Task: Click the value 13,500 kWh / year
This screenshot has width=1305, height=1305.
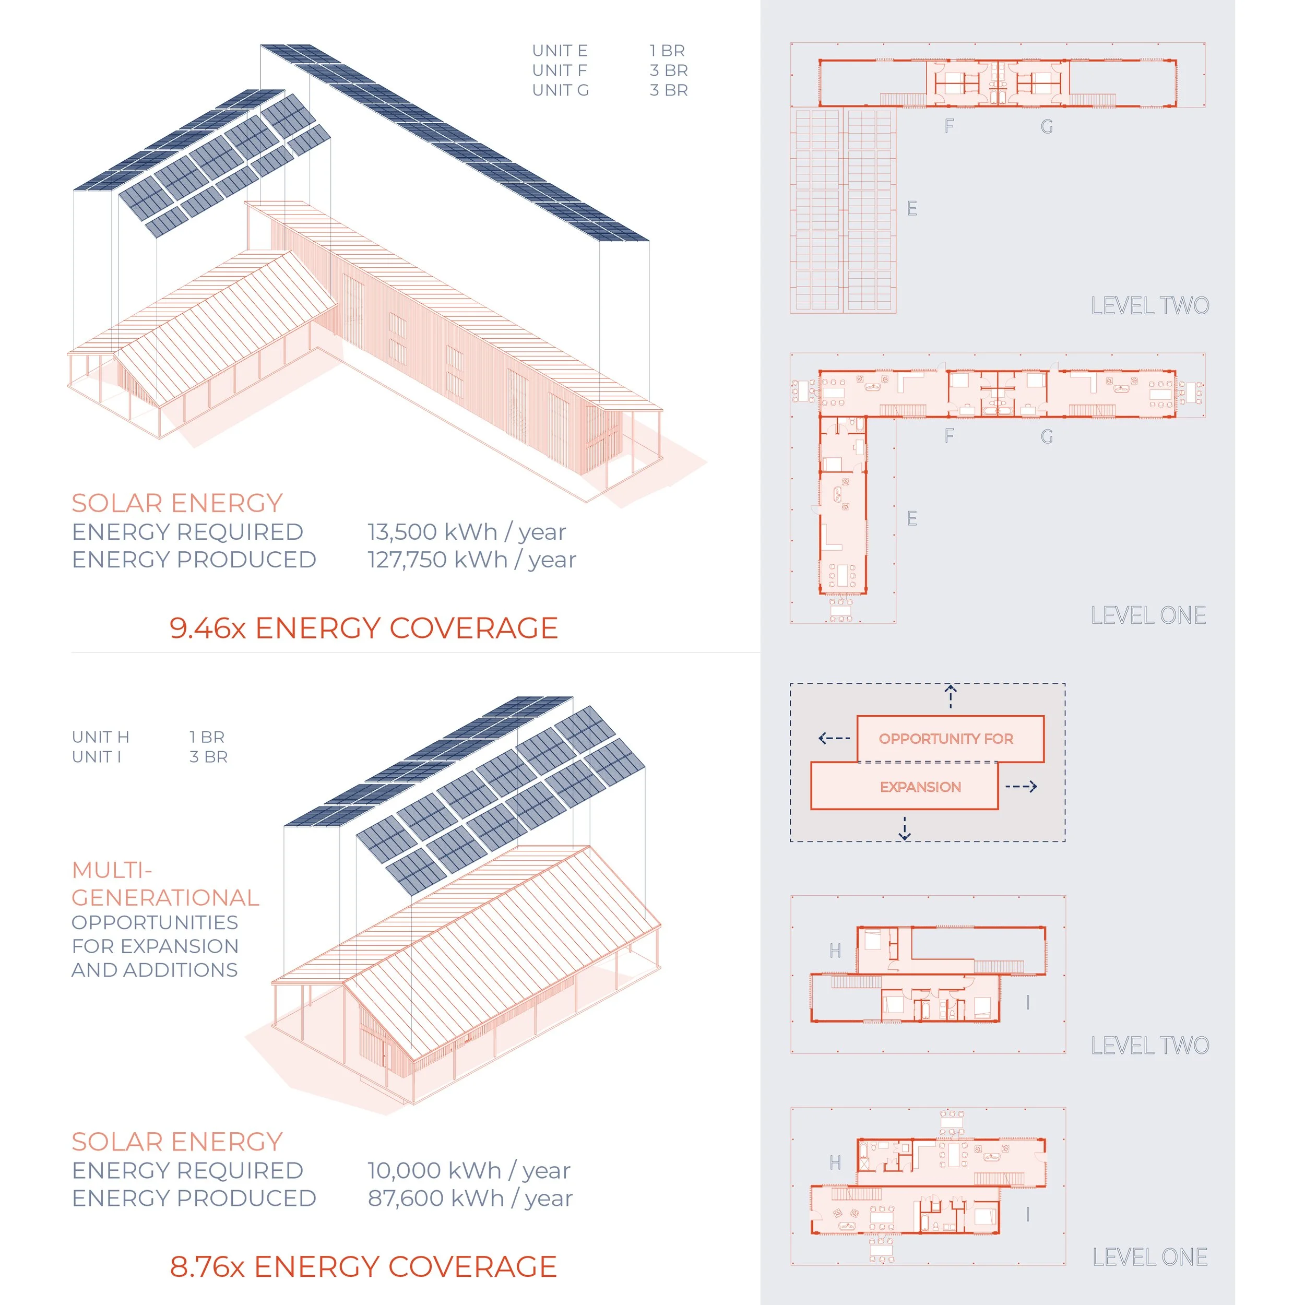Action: tap(466, 532)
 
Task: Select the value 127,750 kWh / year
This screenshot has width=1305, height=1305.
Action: tap(471, 560)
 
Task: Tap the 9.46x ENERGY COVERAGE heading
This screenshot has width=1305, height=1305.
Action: tap(363, 628)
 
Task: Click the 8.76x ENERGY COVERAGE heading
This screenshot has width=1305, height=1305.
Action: tap(363, 1266)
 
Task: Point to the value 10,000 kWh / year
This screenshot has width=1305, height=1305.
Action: tap(469, 1170)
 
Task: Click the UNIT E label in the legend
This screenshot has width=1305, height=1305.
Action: tap(559, 51)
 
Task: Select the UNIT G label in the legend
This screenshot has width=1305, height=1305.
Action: tap(560, 90)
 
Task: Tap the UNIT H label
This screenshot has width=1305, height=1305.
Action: tap(101, 737)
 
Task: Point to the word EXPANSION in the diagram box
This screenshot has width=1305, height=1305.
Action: tap(920, 787)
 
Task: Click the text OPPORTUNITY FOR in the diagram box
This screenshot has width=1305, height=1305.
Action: tap(946, 739)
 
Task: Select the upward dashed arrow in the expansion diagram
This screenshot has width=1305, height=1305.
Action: tap(951, 696)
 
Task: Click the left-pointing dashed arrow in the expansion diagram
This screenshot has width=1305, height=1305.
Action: tap(834, 738)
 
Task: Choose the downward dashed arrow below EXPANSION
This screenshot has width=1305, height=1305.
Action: tap(905, 828)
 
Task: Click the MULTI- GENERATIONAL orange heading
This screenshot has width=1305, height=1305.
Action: tap(165, 884)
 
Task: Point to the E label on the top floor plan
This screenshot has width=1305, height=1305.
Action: tap(912, 209)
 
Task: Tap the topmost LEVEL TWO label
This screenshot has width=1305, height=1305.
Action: tap(1149, 306)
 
